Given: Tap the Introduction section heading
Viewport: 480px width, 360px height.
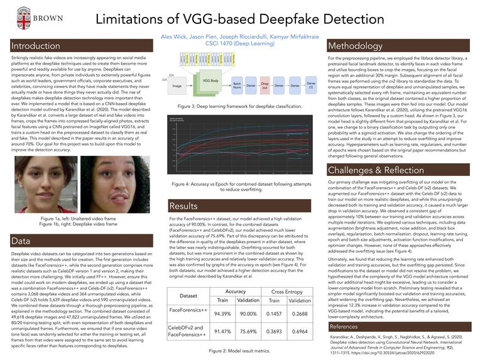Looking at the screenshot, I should (36, 46).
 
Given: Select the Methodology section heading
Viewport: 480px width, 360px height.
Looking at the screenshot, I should (356, 46).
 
